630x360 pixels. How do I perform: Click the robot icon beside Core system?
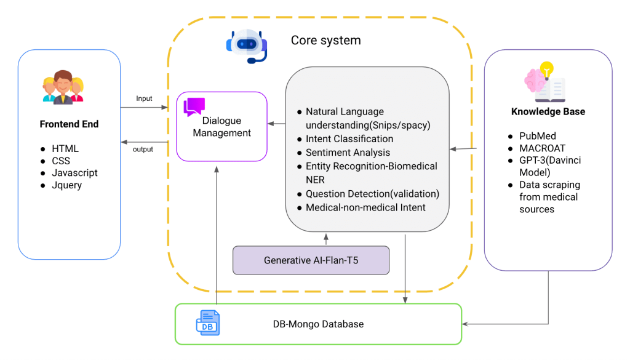(247, 45)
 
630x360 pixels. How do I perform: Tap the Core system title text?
(325, 41)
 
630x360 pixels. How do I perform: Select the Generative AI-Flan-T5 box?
(311, 260)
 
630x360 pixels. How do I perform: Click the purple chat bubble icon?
(194, 107)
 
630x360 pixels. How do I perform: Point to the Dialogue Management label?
(222, 127)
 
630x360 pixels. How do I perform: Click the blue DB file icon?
(207, 323)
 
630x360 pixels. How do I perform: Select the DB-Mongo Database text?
(318, 324)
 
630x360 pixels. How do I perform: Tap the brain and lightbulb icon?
(544, 82)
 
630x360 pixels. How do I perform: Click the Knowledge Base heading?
(548, 112)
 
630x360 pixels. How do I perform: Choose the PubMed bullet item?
(536, 136)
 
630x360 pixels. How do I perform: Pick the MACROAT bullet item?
(541, 148)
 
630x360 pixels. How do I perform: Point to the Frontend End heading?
(69, 124)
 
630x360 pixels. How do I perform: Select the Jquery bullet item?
(66, 185)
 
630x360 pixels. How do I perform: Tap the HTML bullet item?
(65, 149)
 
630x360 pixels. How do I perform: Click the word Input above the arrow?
(144, 98)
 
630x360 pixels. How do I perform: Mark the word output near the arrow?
(143, 149)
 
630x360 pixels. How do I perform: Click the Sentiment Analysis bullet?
(348, 153)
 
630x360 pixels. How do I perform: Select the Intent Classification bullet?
(349, 139)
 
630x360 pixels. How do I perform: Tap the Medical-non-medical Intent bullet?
(365, 208)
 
